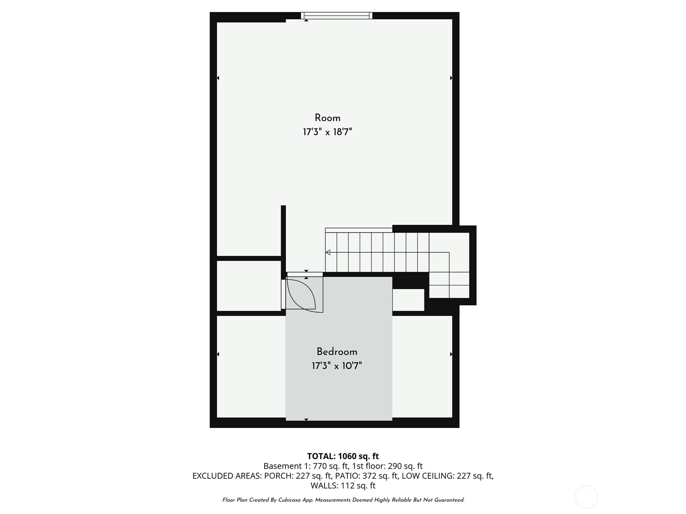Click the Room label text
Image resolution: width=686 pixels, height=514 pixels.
click(x=327, y=118)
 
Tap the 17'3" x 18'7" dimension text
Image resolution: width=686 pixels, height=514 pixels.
click(x=327, y=132)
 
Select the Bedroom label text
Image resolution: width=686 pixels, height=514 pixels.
click(x=337, y=352)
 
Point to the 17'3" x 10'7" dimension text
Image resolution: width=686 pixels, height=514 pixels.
click(x=337, y=366)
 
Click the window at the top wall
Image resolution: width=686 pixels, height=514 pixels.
click(x=337, y=15)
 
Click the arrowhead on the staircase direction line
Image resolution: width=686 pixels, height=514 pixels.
click(x=328, y=252)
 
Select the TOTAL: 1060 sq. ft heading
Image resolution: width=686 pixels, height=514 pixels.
click(x=343, y=456)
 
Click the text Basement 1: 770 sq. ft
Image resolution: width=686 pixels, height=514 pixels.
click(x=306, y=466)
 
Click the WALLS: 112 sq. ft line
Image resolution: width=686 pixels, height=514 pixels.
click(x=343, y=485)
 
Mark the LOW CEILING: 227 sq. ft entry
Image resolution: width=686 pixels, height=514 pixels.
click(x=448, y=475)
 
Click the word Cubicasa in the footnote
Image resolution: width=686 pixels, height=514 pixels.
click(x=289, y=500)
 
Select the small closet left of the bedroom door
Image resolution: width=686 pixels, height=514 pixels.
click(x=249, y=286)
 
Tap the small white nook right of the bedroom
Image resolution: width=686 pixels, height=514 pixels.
click(x=408, y=300)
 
